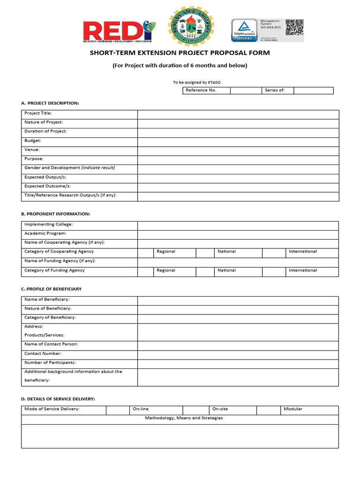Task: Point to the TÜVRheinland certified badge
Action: click(x=244, y=30)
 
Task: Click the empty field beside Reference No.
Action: click(x=246, y=90)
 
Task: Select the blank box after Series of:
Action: click(x=313, y=90)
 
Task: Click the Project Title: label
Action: click(x=38, y=113)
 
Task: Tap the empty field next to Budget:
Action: click(x=238, y=141)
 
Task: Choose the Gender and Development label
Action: click(x=69, y=168)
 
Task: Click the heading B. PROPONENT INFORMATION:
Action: click(x=56, y=214)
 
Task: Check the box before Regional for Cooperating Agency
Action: click(x=145, y=252)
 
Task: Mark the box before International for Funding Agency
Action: click(x=274, y=270)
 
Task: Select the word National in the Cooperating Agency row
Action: click(x=226, y=252)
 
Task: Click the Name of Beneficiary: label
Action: click(x=47, y=300)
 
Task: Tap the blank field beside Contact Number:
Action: click(x=238, y=354)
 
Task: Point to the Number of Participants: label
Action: click(x=50, y=363)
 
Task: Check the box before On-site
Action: click(x=196, y=409)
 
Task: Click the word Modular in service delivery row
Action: click(x=293, y=409)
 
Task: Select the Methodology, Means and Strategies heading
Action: click(x=184, y=418)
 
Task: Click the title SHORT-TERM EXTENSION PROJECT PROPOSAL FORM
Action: click(x=180, y=53)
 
